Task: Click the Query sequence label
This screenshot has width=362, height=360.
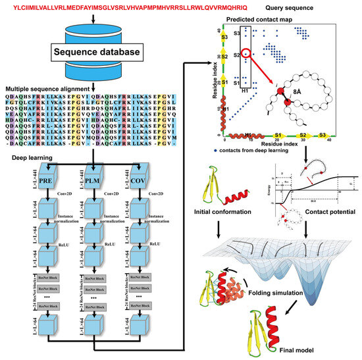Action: point(310,7)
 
